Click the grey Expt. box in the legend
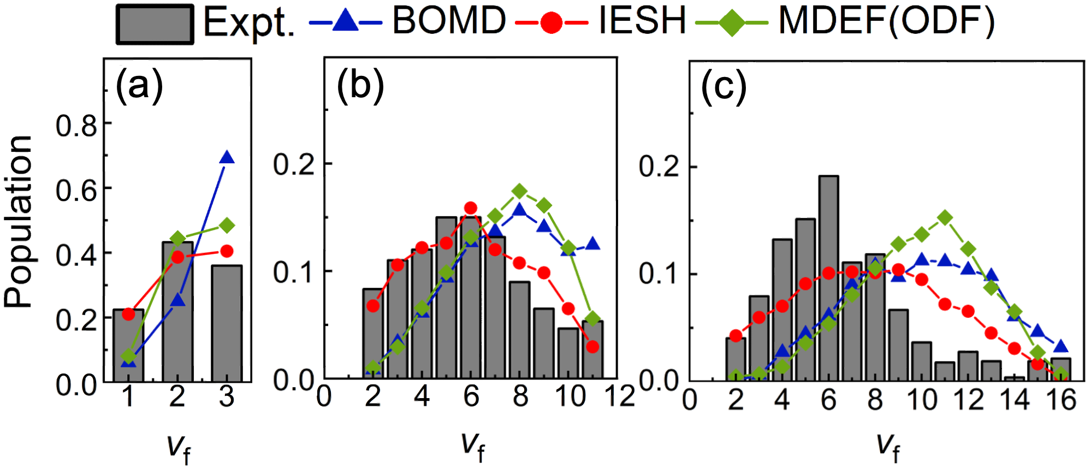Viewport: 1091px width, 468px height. [155, 25]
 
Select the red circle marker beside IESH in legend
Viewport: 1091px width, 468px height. [552, 23]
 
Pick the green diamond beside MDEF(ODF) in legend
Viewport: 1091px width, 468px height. [732, 23]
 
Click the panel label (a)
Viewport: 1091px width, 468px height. [139, 86]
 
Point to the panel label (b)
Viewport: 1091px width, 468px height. [360, 86]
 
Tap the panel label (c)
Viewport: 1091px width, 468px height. [724, 87]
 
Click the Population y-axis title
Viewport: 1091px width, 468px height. [19, 221]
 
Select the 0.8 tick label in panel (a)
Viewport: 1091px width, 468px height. [76, 126]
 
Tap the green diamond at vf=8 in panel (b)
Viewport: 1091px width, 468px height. [519, 191]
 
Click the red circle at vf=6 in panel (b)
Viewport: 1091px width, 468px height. [471, 208]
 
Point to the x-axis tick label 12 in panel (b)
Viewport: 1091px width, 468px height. [620, 396]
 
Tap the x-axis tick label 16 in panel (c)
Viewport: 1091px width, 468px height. [1061, 400]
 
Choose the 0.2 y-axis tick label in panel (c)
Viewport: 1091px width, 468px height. [659, 166]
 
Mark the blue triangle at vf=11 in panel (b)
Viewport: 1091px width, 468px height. [592, 244]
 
